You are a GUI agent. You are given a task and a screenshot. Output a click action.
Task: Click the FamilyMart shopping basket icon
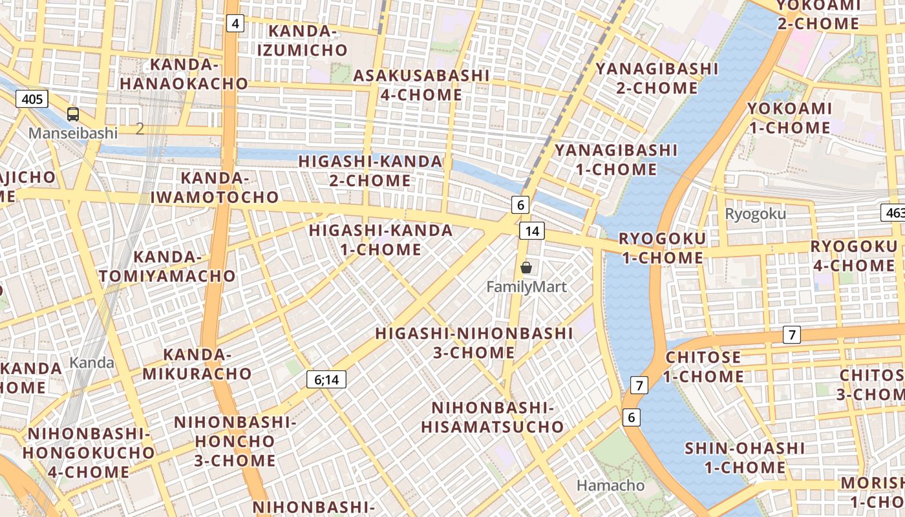click(x=526, y=267)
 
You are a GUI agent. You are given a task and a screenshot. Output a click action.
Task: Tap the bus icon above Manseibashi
click(x=73, y=114)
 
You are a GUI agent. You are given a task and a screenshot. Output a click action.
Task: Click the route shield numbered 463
click(x=893, y=212)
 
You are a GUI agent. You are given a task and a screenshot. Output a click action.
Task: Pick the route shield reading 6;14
click(x=326, y=379)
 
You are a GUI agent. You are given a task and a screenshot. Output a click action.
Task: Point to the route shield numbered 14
click(x=532, y=231)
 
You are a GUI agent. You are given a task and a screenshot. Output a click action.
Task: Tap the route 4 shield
click(x=235, y=24)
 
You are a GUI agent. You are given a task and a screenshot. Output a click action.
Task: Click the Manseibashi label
click(x=73, y=133)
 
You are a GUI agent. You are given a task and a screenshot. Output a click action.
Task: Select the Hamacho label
click(x=610, y=485)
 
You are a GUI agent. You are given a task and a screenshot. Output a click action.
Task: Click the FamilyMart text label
click(x=526, y=286)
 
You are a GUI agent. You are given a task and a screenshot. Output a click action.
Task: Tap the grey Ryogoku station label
click(x=755, y=214)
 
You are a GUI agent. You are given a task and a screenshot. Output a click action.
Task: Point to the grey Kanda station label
click(x=92, y=363)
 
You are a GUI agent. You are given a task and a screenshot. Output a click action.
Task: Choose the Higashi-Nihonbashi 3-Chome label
click(x=474, y=343)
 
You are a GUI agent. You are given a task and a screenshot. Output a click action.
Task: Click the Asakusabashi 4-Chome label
click(x=421, y=85)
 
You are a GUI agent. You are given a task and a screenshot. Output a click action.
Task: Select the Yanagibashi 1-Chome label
click(x=615, y=160)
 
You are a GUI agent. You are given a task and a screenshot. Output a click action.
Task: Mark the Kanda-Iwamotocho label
click(x=215, y=187)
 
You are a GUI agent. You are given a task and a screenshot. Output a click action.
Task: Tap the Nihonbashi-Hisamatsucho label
click(x=493, y=417)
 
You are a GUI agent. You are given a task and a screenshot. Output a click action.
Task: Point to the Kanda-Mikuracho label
click(x=197, y=364)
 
